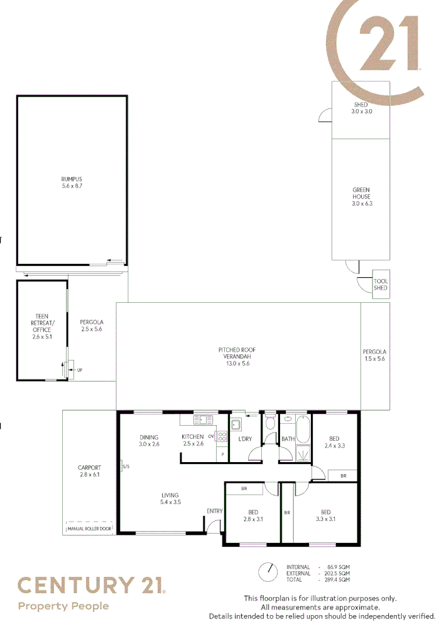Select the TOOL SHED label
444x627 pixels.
tap(381, 285)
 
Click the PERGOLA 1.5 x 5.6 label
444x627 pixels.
tap(374, 355)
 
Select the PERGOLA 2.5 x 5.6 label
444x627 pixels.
tap(91, 325)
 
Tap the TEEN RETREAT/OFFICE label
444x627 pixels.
tap(41, 326)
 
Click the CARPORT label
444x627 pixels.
tap(89, 471)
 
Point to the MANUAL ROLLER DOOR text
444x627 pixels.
tap(89, 529)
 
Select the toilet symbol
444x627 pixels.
tap(270, 423)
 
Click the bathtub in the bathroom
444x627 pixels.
tap(303, 431)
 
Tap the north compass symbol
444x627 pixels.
tap(268, 571)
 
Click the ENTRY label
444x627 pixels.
tap(214, 511)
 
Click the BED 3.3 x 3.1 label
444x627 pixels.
tap(325, 515)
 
